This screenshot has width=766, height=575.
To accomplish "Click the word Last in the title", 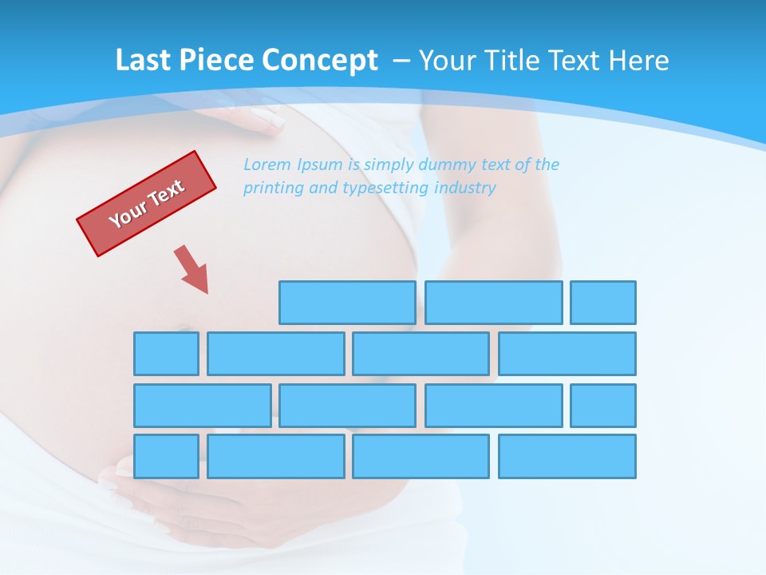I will click(140, 61).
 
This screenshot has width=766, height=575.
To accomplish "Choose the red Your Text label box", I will click(147, 204).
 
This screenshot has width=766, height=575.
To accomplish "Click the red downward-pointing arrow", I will click(192, 270).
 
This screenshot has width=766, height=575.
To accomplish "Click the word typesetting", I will click(385, 188).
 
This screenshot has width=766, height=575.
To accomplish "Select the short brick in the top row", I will click(603, 303).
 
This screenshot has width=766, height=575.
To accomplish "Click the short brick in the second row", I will click(166, 354).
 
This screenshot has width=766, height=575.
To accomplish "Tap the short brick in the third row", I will click(603, 406).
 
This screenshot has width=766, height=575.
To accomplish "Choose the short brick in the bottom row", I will click(166, 457).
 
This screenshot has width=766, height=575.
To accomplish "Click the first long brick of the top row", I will click(347, 303).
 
